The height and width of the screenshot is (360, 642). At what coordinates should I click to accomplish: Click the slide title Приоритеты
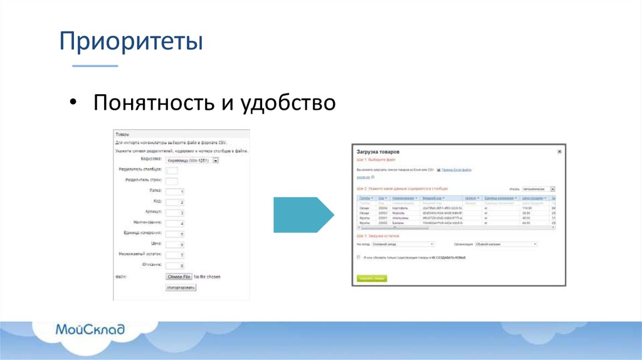point(131,43)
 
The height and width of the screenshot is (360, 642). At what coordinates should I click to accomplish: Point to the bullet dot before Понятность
point(73,103)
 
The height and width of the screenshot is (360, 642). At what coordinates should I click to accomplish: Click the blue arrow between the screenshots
point(303,215)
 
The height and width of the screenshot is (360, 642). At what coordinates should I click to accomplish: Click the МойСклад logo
point(90,329)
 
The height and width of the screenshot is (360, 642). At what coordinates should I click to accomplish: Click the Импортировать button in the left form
point(181,287)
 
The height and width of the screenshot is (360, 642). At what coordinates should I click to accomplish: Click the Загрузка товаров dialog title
point(378,152)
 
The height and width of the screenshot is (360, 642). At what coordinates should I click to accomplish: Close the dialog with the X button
point(559,152)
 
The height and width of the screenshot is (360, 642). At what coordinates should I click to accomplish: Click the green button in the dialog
point(372,278)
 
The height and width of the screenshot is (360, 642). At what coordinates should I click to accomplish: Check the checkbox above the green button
point(359,257)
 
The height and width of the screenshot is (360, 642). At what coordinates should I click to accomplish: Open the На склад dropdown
point(403,244)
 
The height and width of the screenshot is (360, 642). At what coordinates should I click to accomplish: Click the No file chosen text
point(207,277)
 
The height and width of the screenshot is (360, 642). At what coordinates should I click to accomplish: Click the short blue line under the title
point(95,66)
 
